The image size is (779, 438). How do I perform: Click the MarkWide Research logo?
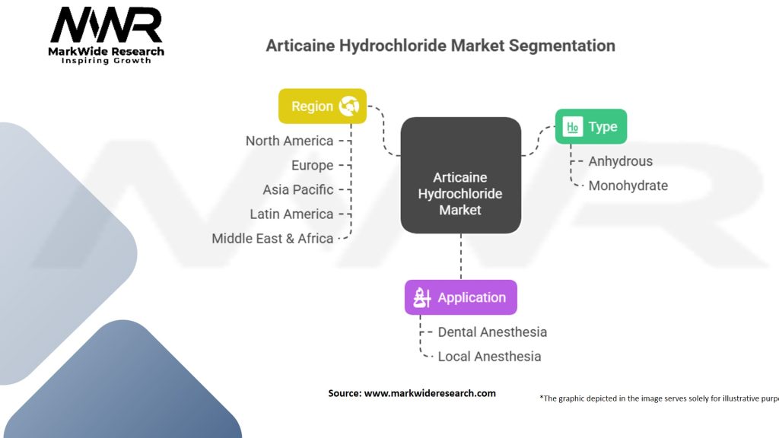(107, 34)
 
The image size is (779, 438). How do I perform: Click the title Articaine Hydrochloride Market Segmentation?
(440, 46)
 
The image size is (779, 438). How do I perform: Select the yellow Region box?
(323, 106)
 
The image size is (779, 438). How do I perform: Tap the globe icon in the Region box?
(349, 106)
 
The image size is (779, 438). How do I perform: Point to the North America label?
(289, 141)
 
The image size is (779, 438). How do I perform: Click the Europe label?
(312, 165)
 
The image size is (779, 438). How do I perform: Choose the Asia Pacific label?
(298, 189)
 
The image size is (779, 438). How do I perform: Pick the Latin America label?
(291, 214)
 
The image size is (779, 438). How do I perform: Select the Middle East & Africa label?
(272, 238)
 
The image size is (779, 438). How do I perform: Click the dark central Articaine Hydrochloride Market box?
(460, 175)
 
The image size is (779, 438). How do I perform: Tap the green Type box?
(591, 126)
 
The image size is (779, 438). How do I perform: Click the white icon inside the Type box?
(572, 127)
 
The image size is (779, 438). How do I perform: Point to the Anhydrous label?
(620, 161)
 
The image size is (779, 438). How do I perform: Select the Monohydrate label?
(628, 186)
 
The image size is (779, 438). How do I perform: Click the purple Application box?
(460, 297)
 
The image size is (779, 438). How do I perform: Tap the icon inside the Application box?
(422, 297)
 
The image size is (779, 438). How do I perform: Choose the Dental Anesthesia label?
(492, 332)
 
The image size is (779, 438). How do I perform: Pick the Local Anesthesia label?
(489, 357)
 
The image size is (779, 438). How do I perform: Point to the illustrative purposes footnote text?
(658, 398)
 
